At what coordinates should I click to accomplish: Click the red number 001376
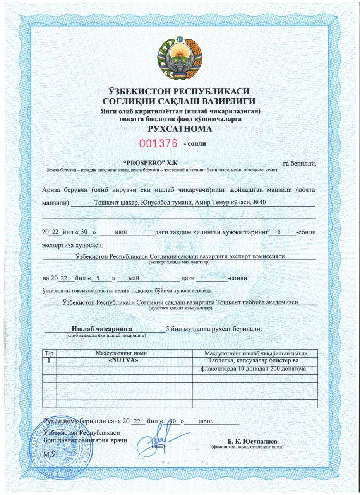[x=158, y=143]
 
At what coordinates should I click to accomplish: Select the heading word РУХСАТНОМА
[x=180, y=129]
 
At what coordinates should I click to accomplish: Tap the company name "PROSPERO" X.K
[x=147, y=163]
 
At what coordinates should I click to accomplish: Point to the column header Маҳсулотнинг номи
[x=121, y=353]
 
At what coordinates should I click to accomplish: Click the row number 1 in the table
[x=49, y=360]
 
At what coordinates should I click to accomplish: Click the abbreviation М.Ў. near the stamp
[x=50, y=454]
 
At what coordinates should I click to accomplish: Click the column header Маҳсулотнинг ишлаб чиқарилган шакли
[x=255, y=353]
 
